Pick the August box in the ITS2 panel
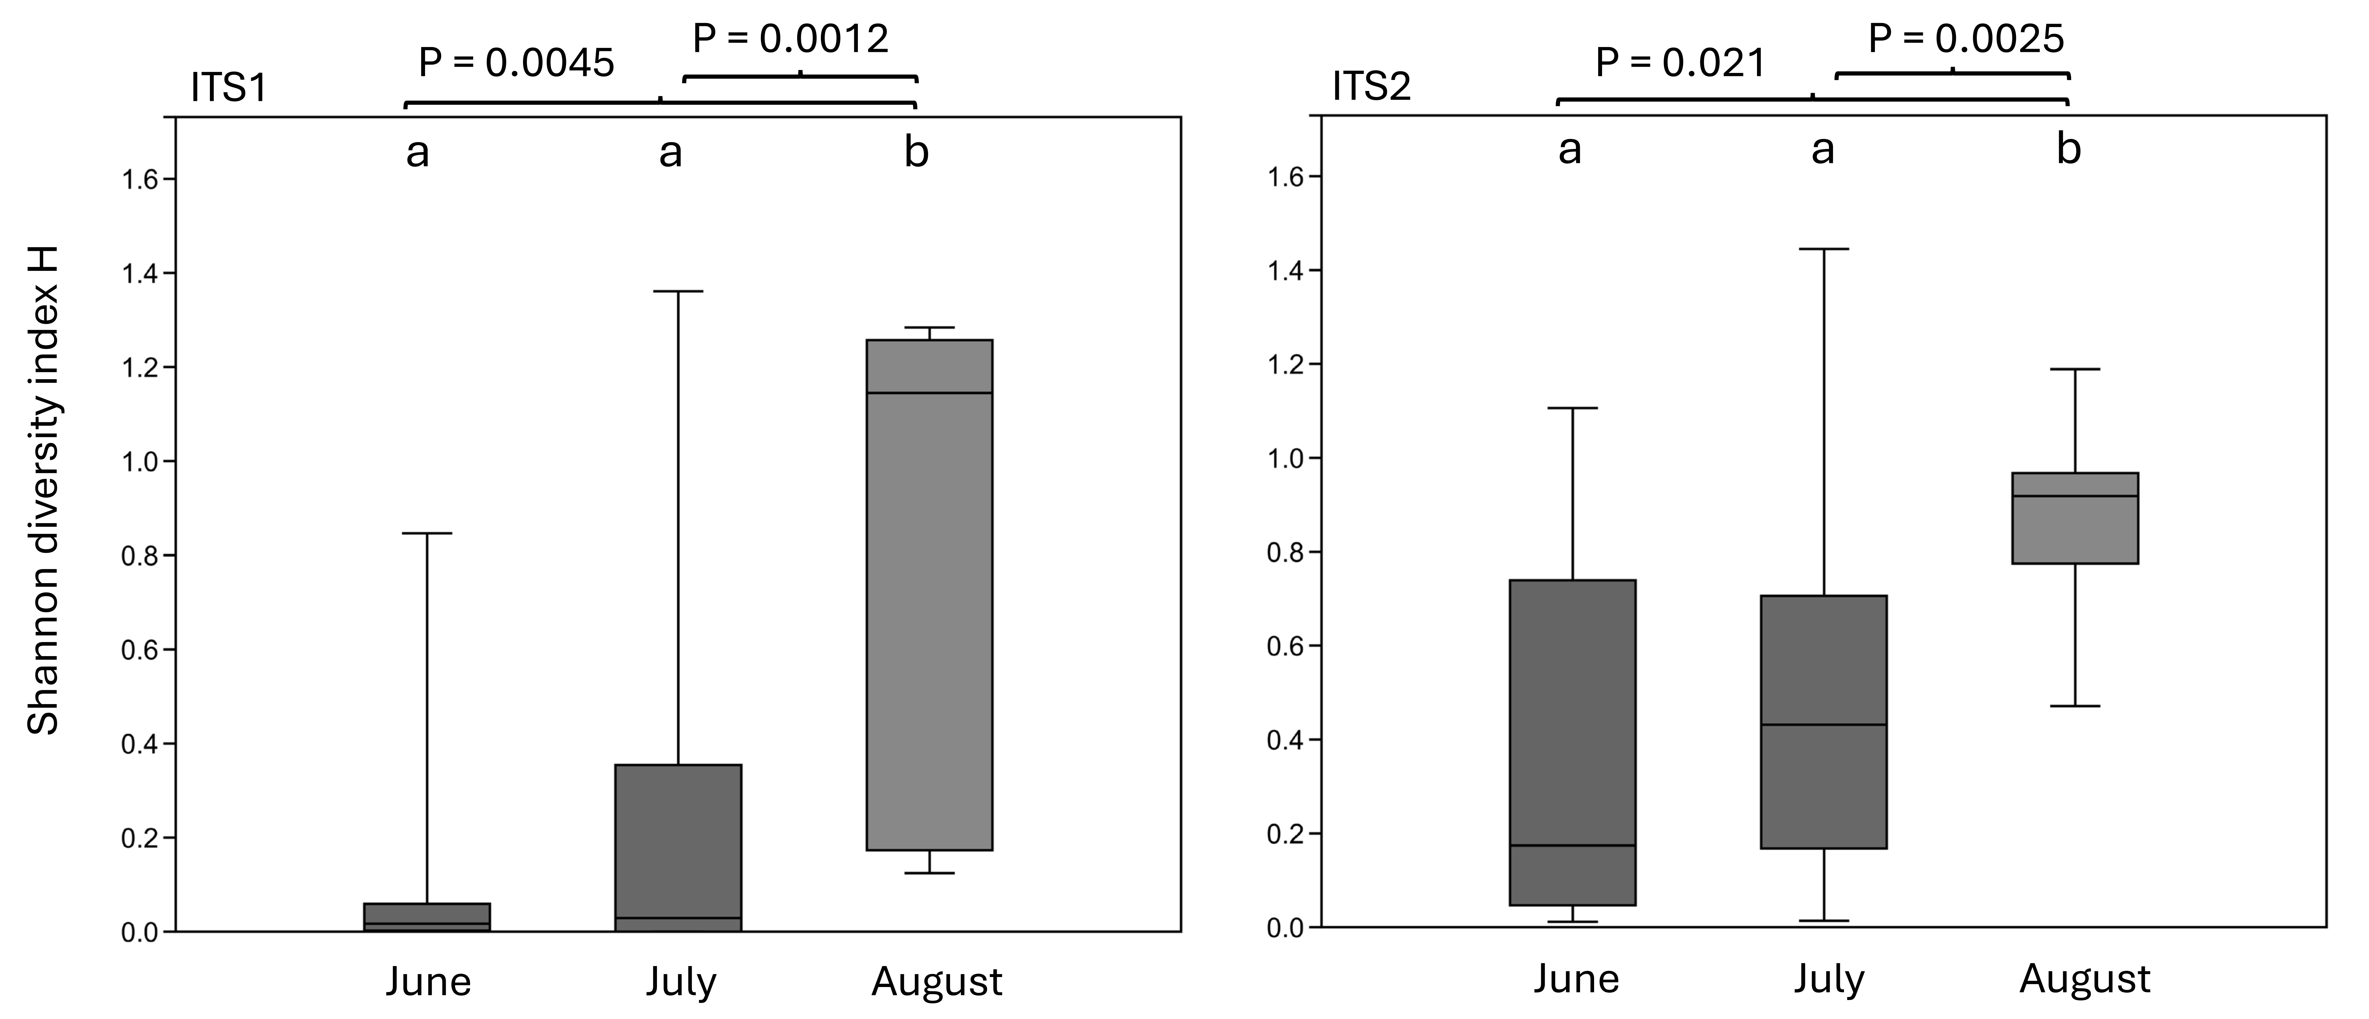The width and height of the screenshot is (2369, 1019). (2075, 518)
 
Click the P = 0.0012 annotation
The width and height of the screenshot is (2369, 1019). (790, 39)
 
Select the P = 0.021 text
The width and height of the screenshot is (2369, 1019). (1680, 63)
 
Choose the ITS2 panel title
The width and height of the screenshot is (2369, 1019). (1371, 86)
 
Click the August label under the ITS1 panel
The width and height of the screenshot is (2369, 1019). (936, 982)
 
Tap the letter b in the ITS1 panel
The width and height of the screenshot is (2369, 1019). (916, 152)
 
